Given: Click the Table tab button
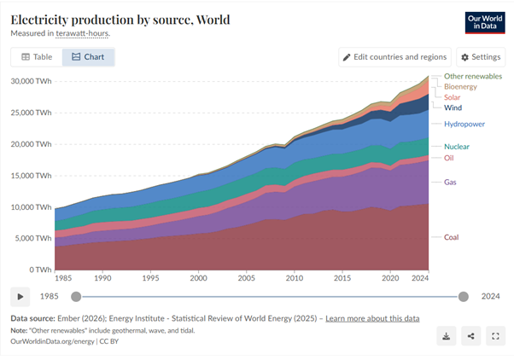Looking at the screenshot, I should tap(37, 57).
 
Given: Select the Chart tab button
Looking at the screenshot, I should tap(88, 57).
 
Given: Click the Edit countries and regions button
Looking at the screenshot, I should tap(394, 57).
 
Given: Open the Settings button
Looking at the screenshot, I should tap(480, 57).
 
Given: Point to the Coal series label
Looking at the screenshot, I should tap(452, 237).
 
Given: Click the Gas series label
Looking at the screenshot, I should tap(451, 182).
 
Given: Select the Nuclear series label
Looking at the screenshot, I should tap(457, 147).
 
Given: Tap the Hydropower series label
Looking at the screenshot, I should tap(464, 125).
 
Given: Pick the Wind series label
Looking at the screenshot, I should tap(454, 107).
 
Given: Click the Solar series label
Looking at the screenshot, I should tap(453, 97).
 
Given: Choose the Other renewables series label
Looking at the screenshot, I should tap(473, 77).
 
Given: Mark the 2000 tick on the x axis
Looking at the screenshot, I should tap(198, 278).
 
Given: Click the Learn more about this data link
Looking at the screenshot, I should tap(372, 318).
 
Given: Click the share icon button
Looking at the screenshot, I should tap(470, 336).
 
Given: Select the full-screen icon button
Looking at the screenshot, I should tap(494, 336).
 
